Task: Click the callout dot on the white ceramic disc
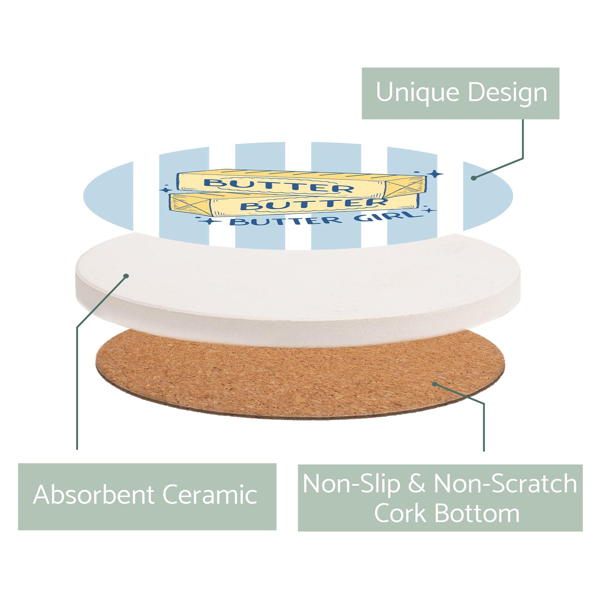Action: coord(126,276)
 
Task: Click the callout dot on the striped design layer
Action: coord(474,178)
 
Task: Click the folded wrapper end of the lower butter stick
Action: coord(190,205)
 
